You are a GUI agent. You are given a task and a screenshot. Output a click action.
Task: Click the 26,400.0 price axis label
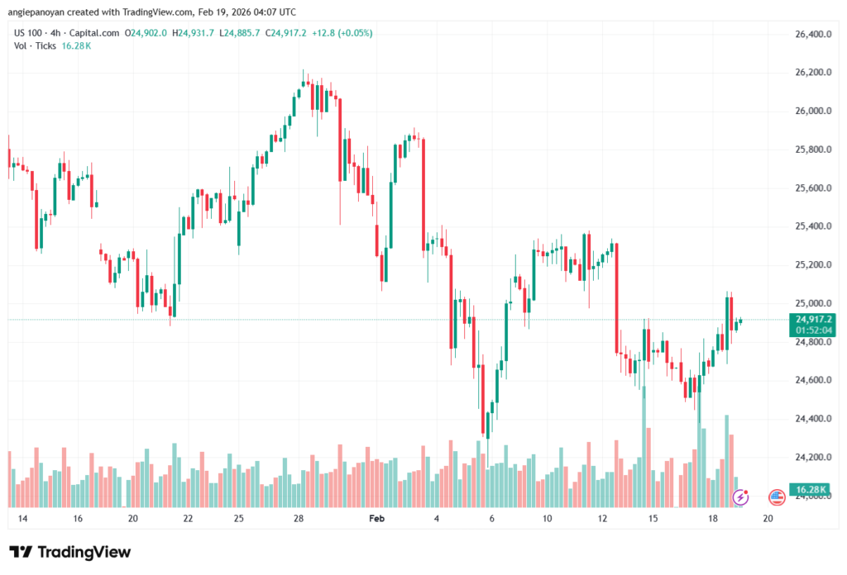pyautogui.click(x=812, y=35)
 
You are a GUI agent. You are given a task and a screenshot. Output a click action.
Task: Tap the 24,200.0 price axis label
pyautogui.click(x=812, y=457)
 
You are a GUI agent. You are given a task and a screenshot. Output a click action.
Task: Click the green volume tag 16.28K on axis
pyautogui.click(x=812, y=488)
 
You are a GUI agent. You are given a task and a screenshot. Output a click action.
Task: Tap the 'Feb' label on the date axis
pyautogui.click(x=376, y=519)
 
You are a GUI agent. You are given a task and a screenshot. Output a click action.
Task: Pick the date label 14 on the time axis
pyautogui.click(x=22, y=519)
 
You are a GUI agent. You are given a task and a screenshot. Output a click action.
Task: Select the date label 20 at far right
pyautogui.click(x=768, y=519)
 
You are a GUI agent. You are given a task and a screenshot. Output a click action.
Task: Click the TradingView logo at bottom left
pyautogui.click(x=70, y=552)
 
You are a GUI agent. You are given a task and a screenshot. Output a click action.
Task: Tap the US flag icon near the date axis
pyautogui.click(x=776, y=497)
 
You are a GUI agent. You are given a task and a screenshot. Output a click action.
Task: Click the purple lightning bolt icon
pyautogui.click(x=741, y=497)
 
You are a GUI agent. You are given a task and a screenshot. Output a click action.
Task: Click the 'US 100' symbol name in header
pyautogui.click(x=30, y=33)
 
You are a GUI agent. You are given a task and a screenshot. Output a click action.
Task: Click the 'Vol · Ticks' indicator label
pyautogui.click(x=34, y=45)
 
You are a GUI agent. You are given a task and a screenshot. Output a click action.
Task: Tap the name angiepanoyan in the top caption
pyautogui.click(x=38, y=12)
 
